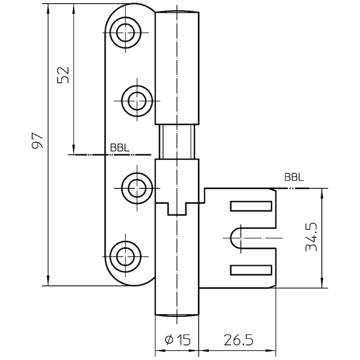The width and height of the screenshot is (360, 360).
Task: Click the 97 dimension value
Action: pyautogui.click(x=38, y=141)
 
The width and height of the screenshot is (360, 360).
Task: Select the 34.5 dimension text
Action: pyautogui.click(x=310, y=237)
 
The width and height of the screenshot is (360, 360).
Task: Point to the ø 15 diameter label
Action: pyautogui.click(x=177, y=339)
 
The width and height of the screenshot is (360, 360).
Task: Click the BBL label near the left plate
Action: pyautogui.click(x=120, y=148)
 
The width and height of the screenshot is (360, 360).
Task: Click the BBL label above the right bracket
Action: pyautogui.click(x=294, y=177)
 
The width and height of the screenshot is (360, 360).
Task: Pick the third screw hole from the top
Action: pyautogui.click(x=136, y=187)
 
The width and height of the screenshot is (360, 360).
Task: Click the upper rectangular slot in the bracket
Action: pyautogui.click(x=251, y=206)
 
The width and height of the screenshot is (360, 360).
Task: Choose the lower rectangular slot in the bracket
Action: pyautogui.click(x=251, y=270)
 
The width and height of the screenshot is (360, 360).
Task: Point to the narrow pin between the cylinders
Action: pyautogui.click(x=177, y=141)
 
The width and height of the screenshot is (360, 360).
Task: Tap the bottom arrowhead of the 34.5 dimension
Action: pyautogui.click(x=321, y=284)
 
